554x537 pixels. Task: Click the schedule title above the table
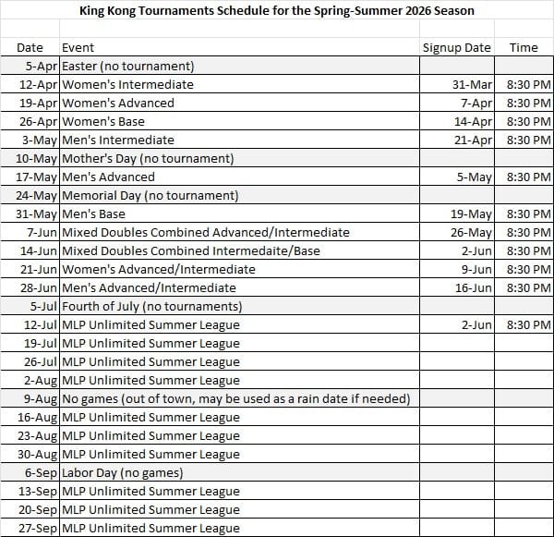[276, 11]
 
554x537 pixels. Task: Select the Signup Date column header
[456, 47]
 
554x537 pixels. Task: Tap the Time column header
[523, 47]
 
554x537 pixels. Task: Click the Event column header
[78, 47]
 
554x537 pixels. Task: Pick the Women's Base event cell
[106, 121]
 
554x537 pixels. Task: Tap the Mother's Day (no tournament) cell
[147, 158]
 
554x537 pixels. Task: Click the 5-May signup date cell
[476, 177]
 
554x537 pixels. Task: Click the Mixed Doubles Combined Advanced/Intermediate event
[205, 232]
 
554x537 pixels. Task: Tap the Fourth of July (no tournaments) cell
[151, 306]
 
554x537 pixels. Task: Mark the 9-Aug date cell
[41, 398]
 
